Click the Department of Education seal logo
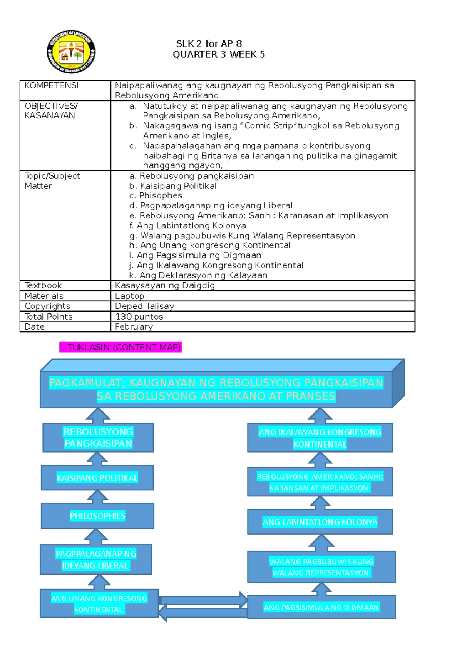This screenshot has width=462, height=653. click(x=71, y=52)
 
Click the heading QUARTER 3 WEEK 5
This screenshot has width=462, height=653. click(x=219, y=55)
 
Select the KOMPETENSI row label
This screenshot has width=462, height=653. click(x=51, y=85)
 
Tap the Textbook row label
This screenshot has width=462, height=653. click(x=43, y=285)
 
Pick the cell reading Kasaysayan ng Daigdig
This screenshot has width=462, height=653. click(x=165, y=285)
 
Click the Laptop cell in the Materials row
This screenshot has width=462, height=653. click(x=129, y=296)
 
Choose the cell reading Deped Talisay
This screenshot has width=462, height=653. click(x=144, y=306)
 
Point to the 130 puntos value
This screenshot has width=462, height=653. click(x=139, y=317)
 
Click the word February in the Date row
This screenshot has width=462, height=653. click(x=134, y=326)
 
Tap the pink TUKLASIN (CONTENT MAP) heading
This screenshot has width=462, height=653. click(x=120, y=347)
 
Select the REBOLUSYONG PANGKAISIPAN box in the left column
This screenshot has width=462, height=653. click(x=98, y=438)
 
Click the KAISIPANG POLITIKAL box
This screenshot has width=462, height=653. click(x=97, y=478)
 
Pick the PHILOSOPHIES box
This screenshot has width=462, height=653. click(x=97, y=516)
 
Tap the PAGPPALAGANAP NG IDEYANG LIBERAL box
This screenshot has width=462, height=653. click(x=96, y=560)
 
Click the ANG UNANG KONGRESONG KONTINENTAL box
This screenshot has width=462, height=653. click(x=99, y=604)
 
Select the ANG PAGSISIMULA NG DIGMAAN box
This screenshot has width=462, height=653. click(x=321, y=607)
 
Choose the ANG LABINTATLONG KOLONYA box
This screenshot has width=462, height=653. click(x=320, y=522)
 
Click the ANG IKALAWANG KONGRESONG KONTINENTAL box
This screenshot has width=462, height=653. click(x=320, y=438)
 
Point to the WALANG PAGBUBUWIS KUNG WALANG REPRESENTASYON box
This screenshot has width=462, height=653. click(x=321, y=567)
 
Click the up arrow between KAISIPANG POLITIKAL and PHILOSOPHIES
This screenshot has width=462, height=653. click(x=97, y=496)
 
